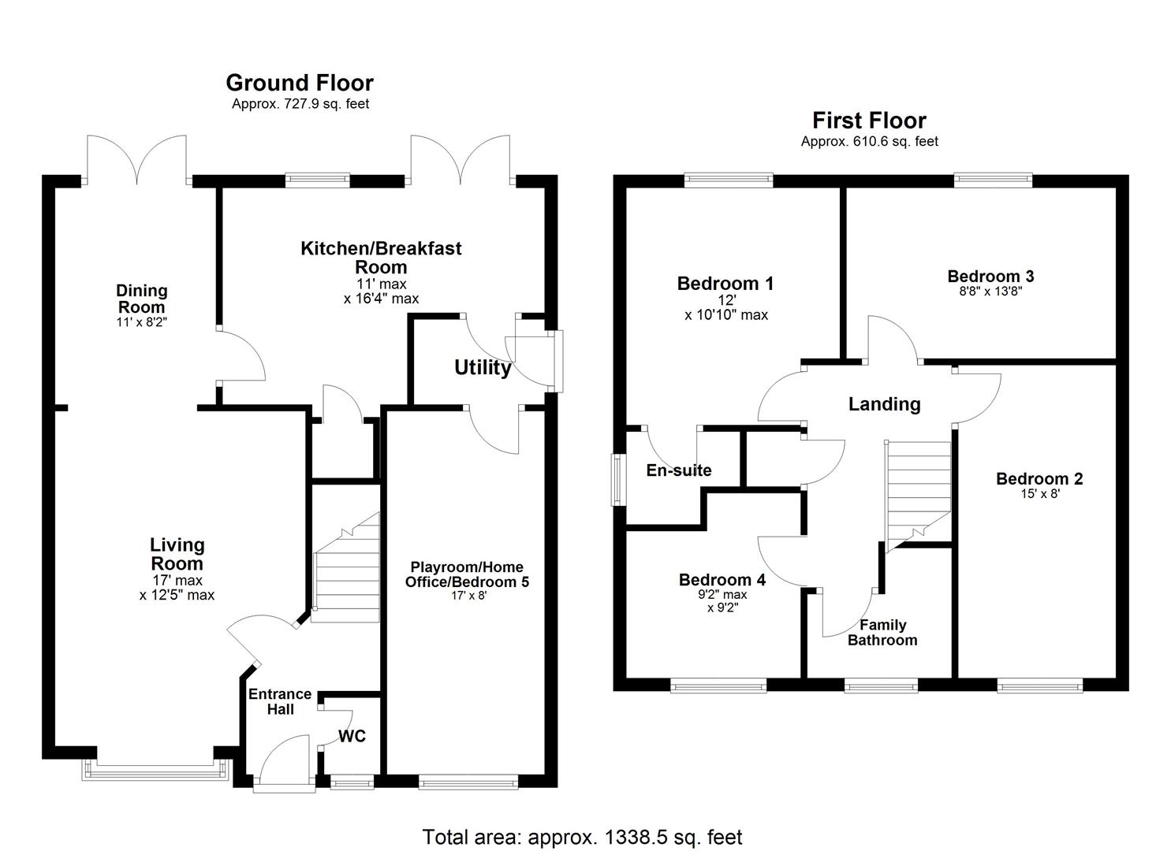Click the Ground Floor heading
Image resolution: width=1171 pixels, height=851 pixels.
click(300, 83)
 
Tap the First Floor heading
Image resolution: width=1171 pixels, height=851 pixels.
click(869, 121)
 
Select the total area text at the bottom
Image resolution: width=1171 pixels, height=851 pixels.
click(582, 837)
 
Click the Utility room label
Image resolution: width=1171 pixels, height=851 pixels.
click(483, 368)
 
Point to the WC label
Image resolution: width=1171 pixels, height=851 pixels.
click(352, 736)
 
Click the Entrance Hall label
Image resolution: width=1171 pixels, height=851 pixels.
click(280, 701)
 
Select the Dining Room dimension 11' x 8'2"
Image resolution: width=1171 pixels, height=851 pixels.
click(142, 322)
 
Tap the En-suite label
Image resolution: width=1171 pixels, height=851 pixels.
click(679, 470)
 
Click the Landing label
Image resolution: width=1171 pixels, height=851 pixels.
click(884, 404)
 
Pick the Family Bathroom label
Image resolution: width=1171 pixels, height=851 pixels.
click(882, 633)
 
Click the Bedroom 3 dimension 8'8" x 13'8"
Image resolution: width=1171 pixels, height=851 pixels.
click(990, 291)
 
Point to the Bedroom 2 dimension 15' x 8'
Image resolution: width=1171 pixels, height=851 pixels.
click(1039, 495)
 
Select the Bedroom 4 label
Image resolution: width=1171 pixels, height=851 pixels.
click(722, 580)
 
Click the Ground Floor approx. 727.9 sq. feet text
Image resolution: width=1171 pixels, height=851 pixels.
click(300, 104)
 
